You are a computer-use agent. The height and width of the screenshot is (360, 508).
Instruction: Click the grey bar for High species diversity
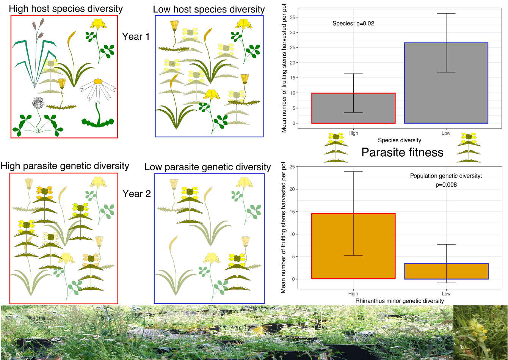coord(353,108)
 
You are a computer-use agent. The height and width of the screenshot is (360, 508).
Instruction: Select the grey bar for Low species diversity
coord(446,83)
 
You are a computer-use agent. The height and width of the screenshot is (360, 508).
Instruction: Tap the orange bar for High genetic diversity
coord(353,246)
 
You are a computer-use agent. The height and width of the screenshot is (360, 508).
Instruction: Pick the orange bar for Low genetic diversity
coord(446,271)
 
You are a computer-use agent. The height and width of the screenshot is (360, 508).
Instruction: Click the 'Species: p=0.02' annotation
coord(353,24)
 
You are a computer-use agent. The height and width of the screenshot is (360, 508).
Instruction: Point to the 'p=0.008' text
coord(446,185)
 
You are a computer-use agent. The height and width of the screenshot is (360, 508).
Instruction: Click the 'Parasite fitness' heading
coord(402,152)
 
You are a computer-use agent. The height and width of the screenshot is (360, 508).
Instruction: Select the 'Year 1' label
coord(136,36)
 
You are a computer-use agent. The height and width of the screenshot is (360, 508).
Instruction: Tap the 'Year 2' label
coord(136,194)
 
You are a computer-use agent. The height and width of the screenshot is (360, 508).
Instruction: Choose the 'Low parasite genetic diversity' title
coord(208,167)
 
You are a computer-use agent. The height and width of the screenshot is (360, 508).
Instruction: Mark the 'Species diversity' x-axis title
coord(399,140)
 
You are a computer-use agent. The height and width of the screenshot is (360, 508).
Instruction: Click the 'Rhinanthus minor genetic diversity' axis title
coord(400,301)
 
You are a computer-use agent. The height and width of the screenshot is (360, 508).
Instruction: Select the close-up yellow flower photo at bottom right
coord(480,333)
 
